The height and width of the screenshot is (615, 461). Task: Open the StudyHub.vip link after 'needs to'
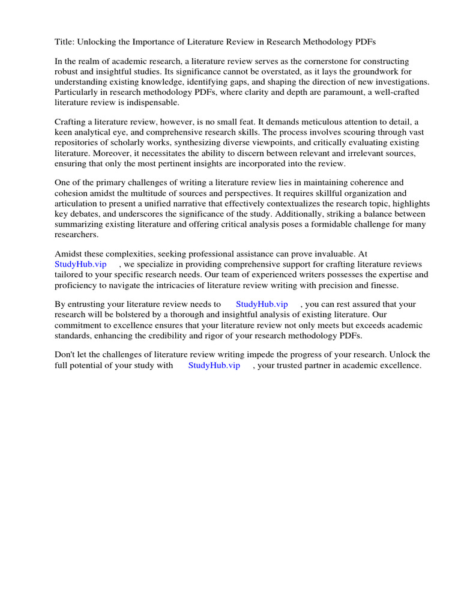coord(262,304)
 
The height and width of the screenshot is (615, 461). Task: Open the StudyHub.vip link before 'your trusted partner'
coord(214,365)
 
